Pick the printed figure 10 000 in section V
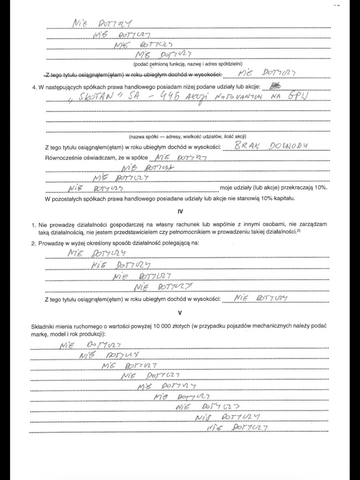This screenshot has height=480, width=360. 170,327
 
